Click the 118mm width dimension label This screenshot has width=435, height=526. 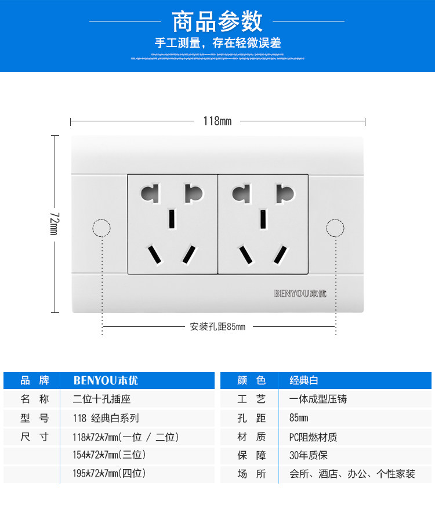(217, 121)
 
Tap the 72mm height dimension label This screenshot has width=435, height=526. (54, 223)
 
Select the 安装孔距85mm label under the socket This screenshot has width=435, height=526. (217, 327)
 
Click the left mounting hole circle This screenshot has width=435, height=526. (101, 228)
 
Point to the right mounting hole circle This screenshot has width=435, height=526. (335, 228)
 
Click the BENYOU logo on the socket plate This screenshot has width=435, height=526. (300, 293)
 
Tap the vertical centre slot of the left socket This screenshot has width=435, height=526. (172, 218)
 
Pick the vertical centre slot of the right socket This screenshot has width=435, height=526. (263, 218)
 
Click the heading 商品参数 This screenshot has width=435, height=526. (217, 22)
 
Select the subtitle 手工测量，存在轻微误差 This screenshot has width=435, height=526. (217, 43)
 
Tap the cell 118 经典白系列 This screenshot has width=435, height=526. (106, 418)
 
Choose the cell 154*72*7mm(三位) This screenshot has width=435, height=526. (110, 455)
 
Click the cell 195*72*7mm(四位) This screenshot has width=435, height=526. (110, 474)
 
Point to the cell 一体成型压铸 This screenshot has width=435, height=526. (318, 399)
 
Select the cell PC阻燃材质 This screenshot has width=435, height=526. (313, 437)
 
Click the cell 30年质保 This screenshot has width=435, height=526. (309, 455)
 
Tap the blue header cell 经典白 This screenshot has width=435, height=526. (304, 381)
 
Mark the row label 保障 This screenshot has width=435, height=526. (252, 456)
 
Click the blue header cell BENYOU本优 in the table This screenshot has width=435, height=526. (106, 381)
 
